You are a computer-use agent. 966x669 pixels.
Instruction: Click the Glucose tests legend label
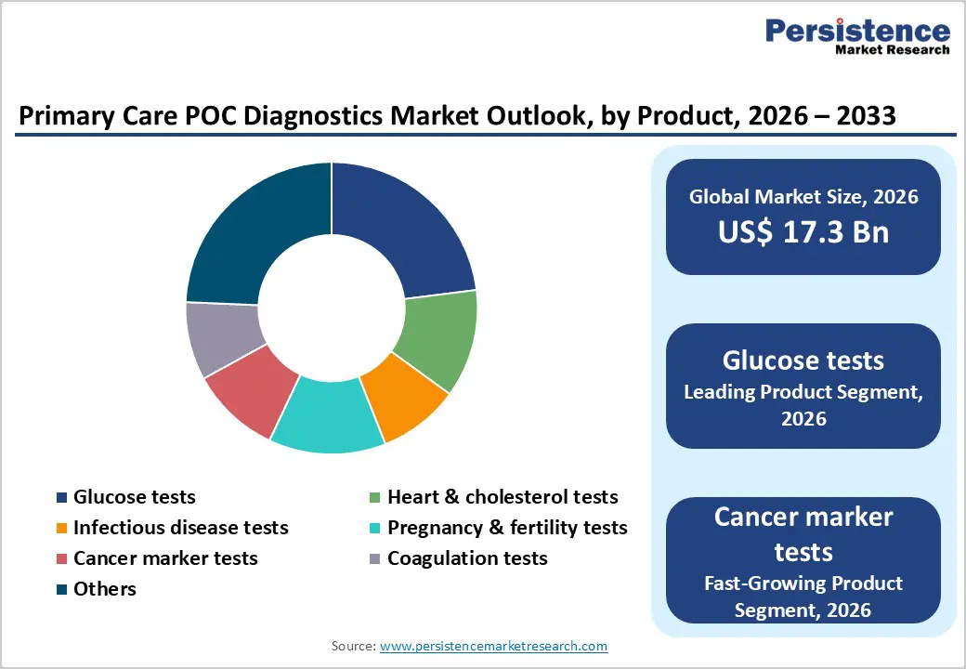[x=135, y=497]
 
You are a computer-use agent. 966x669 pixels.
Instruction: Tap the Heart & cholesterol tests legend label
[x=503, y=497]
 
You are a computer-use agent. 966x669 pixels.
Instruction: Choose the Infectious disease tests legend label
[x=181, y=528]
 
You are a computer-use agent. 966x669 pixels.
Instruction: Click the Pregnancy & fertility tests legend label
[x=507, y=528]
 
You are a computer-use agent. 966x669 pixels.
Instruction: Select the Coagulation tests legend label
[x=467, y=558]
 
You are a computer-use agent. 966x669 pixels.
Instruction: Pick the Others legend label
[x=105, y=589]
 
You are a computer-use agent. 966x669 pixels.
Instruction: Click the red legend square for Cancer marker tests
[x=61, y=559]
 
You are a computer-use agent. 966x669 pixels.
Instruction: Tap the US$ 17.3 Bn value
[x=803, y=232]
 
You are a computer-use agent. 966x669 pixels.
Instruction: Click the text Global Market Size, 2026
[x=803, y=196]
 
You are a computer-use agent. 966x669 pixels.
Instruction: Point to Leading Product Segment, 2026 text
[x=803, y=405]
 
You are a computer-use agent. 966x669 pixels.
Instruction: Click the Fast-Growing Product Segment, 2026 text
[x=803, y=596]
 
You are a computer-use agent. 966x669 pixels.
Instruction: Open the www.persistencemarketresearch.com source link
[x=493, y=645]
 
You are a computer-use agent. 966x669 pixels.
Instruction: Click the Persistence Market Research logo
[x=856, y=37]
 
